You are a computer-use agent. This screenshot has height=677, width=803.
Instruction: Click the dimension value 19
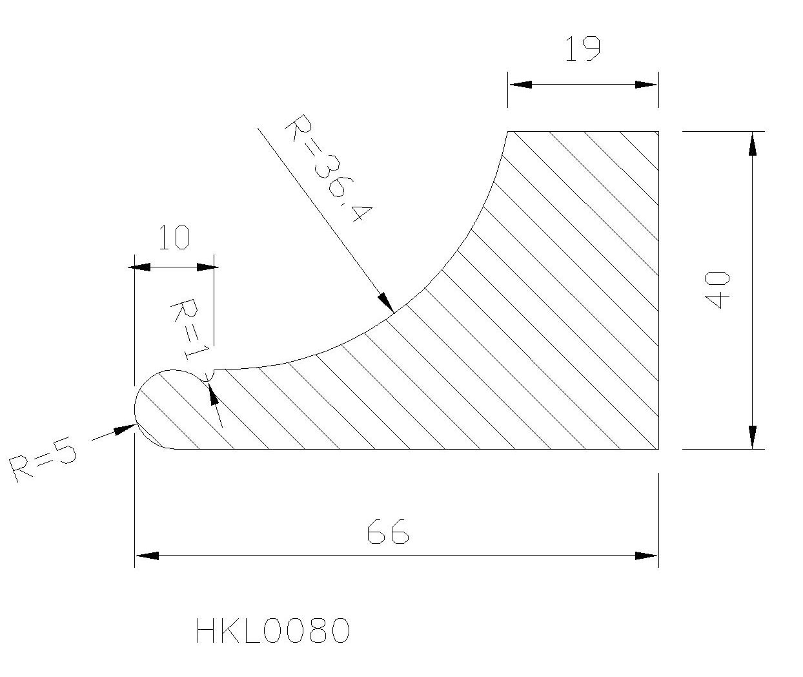pos(583,49)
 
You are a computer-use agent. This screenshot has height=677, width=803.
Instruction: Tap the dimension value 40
pos(717,290)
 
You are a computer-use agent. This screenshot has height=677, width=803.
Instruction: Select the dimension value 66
pos(388,532)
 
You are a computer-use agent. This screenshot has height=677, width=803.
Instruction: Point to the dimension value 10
pos(174,237)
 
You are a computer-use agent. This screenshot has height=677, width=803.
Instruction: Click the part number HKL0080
pos(273,631)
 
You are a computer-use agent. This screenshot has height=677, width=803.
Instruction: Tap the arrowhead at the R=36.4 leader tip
pos(387,302)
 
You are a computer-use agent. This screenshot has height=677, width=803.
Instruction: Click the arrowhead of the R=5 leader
pos(126,429)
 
